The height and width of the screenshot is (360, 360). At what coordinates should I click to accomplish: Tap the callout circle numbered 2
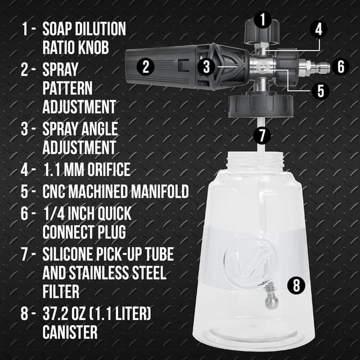(x=146, y=67)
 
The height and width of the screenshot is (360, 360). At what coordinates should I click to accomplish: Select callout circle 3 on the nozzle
(x=207, y=67)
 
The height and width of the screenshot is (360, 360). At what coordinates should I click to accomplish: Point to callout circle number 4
(x=318, y=29)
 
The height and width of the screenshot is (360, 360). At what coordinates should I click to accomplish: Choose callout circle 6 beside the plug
(x=340, y=66)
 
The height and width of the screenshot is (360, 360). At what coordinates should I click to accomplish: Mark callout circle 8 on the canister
(x=297, y=285)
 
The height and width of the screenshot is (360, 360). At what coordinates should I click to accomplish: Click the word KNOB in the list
(x=94, y=47)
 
